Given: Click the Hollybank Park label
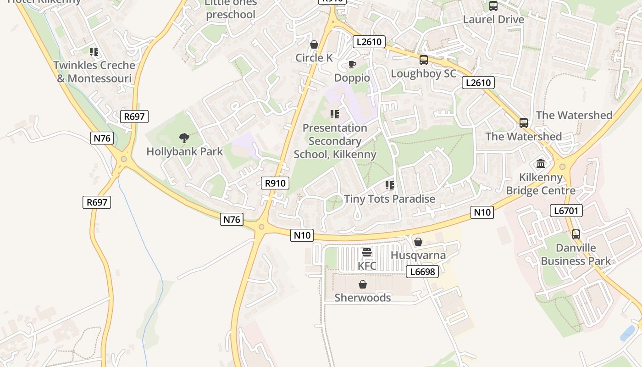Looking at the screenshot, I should point(184,151).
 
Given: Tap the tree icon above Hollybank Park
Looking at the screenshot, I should point(184,138).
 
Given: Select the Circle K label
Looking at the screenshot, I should point(314,58).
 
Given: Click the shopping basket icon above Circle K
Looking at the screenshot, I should point(314,44).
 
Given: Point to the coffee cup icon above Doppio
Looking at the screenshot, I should point(352,64).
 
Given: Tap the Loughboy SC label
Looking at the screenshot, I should point(423,74).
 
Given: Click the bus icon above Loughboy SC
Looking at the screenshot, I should point(424,60).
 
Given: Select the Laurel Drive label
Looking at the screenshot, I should point(493,19).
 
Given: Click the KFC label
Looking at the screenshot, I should point(367,266).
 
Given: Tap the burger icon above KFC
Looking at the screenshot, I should point(367,252).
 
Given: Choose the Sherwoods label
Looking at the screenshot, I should point(363,298).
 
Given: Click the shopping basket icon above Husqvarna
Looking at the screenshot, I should point(418,242).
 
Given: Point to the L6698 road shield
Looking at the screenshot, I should point(422,272).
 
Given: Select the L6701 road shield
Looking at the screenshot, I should point(566,211).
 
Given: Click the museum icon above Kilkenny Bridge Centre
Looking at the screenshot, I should point(541,164).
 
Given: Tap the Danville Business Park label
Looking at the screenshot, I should point(576,255).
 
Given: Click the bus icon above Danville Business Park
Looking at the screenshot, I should point(576,234).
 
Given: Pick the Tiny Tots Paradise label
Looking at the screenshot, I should point(389,199).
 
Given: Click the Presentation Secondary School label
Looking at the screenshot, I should point(335,141).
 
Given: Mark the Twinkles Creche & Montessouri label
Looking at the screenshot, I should point(94,72).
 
